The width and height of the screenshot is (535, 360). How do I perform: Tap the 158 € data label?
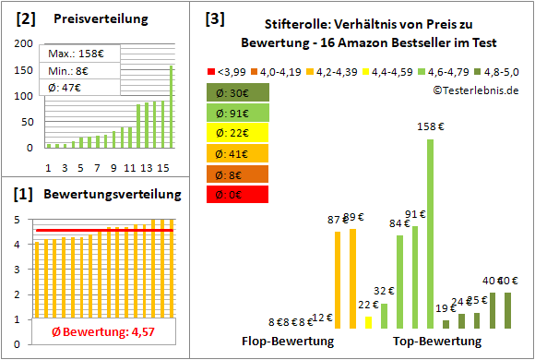point(430,126)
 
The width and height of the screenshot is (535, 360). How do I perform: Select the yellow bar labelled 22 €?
point(369,322)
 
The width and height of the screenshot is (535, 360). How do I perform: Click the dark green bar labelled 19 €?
point(446,324)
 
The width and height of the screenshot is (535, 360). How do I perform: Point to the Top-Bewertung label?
point(437,342)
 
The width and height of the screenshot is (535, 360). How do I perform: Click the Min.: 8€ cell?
point(73,70)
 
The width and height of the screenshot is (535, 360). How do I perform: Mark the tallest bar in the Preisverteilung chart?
point(145,106)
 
